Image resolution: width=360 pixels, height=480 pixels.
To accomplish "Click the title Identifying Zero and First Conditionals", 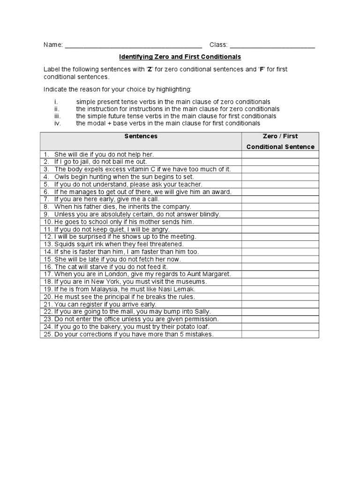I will pos(180,57).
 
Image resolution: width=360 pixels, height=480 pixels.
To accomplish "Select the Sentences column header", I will pos(141,136).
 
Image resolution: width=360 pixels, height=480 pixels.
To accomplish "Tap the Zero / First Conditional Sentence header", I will pos(280,141).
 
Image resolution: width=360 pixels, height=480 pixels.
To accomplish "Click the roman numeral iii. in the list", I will pos(57,116).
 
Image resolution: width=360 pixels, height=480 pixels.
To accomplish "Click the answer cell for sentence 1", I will pos(280,154).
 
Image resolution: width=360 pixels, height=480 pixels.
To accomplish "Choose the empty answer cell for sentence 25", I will pos(280,334).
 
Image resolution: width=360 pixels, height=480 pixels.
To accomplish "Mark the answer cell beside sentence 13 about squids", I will pos(280,244).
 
